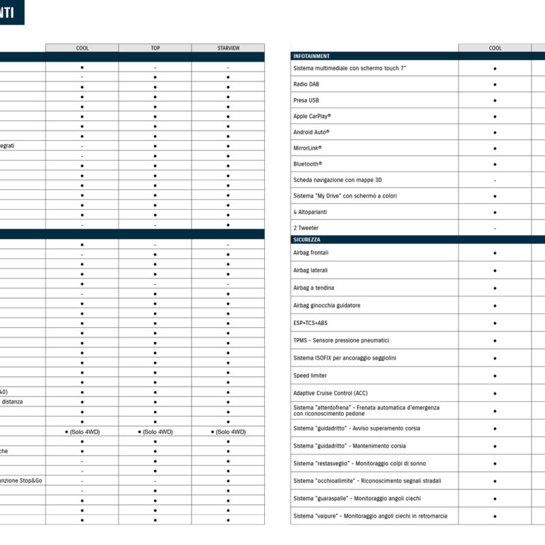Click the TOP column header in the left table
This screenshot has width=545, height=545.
[155, 48]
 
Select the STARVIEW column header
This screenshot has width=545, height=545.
[228, 48]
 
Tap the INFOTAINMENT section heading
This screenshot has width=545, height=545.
[311, 56]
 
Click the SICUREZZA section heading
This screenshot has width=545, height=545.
[307, 240]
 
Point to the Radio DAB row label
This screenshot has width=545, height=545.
[306, 84]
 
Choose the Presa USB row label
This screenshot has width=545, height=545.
[306, 100]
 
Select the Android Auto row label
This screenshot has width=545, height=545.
[311, 132]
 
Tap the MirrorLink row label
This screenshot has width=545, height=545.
[307, 148]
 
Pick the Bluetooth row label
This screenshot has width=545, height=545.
[307, 164]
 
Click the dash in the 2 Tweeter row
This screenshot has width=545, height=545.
[495, 228]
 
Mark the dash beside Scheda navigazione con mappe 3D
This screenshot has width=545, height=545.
[495, 181]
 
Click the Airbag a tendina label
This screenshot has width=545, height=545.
[313, 288]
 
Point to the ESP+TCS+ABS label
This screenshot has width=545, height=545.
[310, 323]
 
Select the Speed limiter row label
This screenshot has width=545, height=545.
[310, 375]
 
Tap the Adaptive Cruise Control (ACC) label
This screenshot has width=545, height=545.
[330, 393]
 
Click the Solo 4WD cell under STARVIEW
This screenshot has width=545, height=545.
[228, 432]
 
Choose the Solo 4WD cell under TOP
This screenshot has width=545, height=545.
[155, 432]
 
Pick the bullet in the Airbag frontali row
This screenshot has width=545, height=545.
[495, 253]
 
